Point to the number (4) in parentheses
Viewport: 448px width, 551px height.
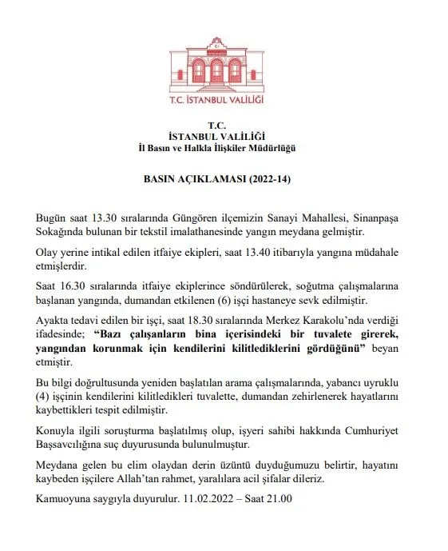[x=43, y=394]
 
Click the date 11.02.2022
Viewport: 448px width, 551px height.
[x=206, y=500]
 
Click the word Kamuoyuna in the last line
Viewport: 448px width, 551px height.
[x=61, y=500]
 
